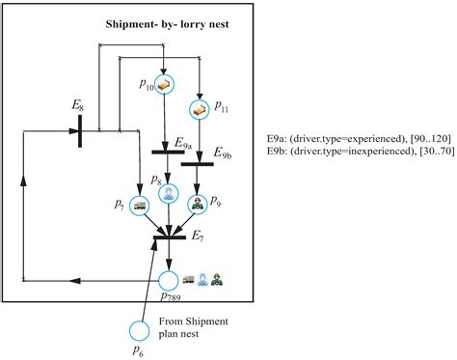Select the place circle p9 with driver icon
click(x=200, y=205)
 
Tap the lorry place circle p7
click(x=140, y=206)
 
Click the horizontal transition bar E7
click(x=170, y=235)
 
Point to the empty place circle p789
click(x=170, y=281)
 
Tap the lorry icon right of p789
click(x=189, y=280)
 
